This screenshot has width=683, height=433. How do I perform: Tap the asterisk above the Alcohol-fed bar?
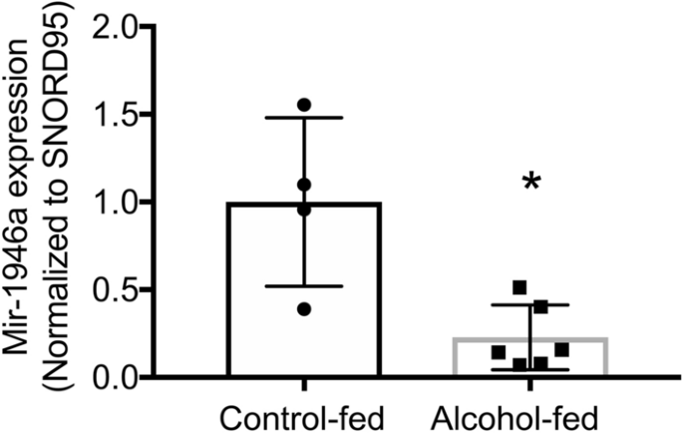tap(530, 184)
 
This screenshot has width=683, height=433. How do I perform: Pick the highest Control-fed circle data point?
tap(304, 104)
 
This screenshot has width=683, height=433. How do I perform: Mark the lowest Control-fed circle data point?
tap(304, 309)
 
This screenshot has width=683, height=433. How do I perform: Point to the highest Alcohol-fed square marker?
tap(518, 287)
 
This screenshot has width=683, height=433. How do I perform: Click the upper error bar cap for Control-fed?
tap(304, 118)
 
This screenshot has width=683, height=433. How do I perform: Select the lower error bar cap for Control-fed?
tap(304, 286)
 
